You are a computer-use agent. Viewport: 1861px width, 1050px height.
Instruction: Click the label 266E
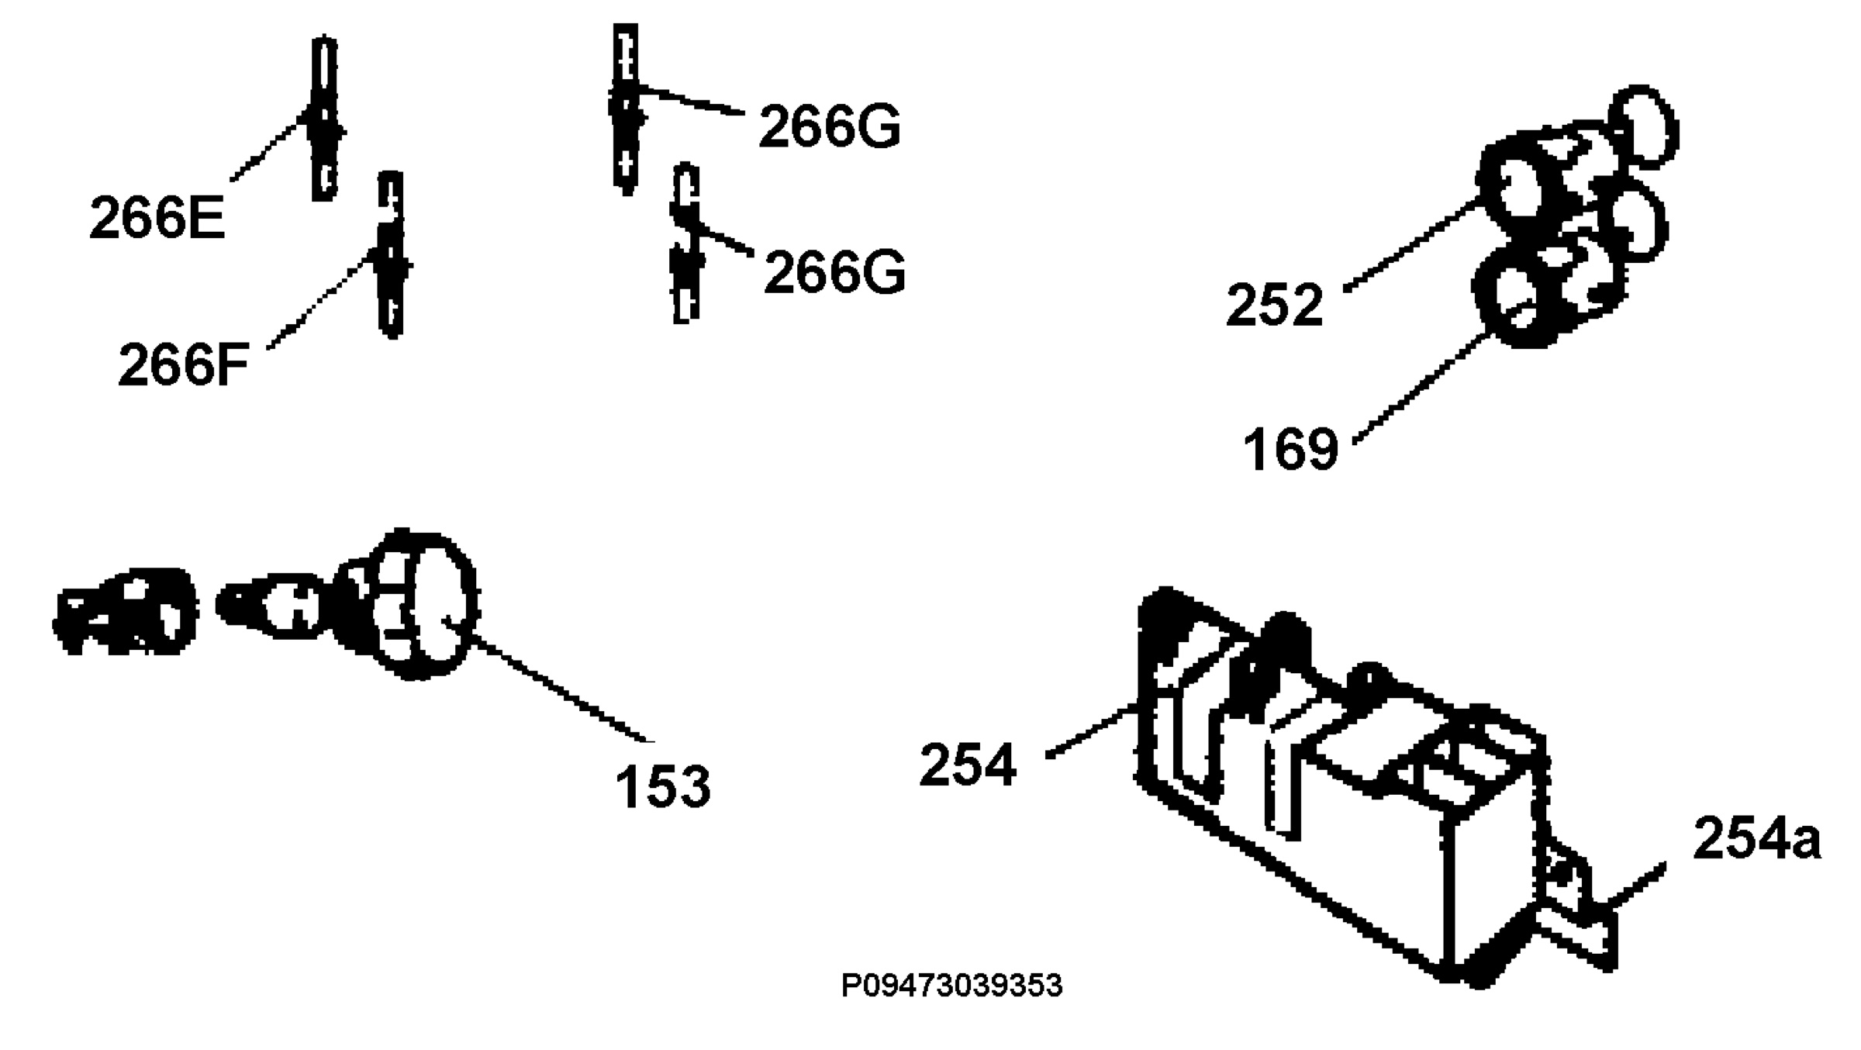click(x=157, y=218)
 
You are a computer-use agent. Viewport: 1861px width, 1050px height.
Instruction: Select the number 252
click(x=1274, y=305)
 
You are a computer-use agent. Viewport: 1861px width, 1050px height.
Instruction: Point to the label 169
click(x=1291, y=448)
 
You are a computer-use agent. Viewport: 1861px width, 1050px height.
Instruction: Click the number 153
click(x=663, y=786)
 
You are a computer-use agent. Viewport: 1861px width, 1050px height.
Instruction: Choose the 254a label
click(x=1757, y=838)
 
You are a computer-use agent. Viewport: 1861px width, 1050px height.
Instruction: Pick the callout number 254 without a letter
click(x=968, y=765)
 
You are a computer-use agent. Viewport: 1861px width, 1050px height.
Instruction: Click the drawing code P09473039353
click(x=952, y=986)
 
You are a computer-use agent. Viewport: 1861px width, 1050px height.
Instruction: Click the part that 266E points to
click(x=324, y=118)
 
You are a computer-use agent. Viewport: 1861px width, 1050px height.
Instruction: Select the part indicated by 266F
click(x=392, y=254)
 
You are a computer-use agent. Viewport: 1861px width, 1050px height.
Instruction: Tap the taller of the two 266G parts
click(x=625, y=109)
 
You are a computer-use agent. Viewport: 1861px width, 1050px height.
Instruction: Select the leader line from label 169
click(x=1423, y=389)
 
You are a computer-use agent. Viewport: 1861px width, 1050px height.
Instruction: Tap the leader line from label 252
click(x=1411, y=245)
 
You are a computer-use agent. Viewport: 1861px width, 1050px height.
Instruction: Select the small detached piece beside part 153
click(x=124, y=612)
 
